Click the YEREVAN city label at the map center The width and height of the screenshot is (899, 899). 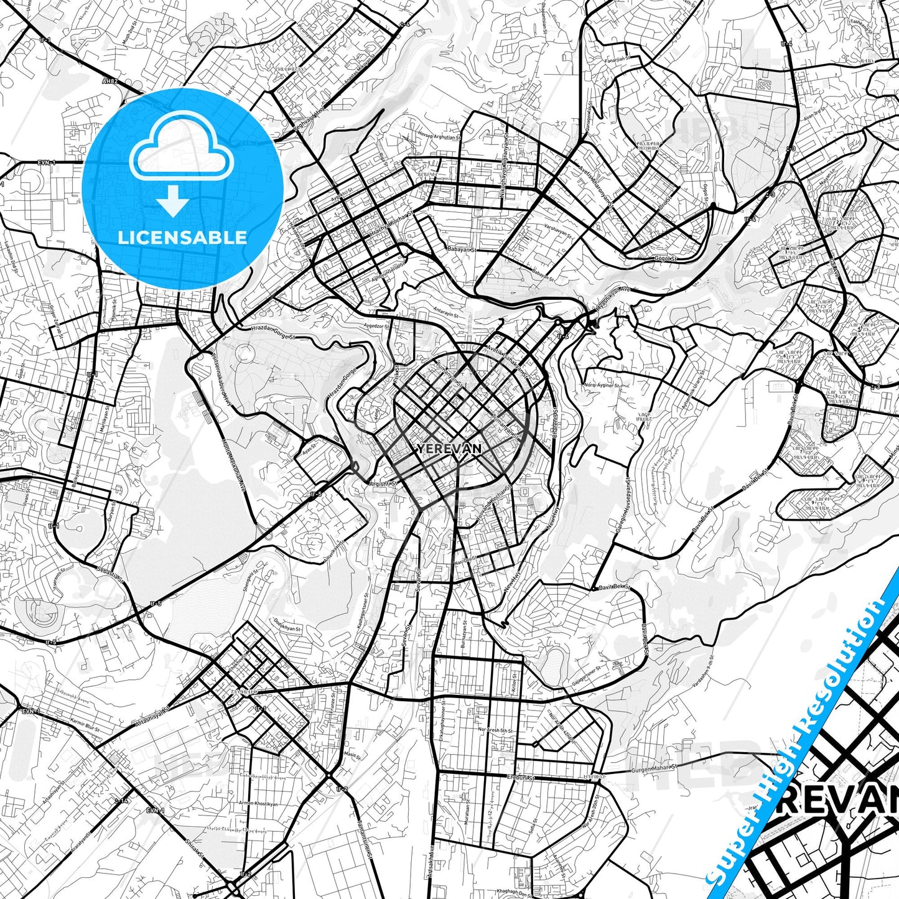450,449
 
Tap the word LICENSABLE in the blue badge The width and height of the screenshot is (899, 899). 182,237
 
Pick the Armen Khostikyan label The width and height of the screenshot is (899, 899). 258,804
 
